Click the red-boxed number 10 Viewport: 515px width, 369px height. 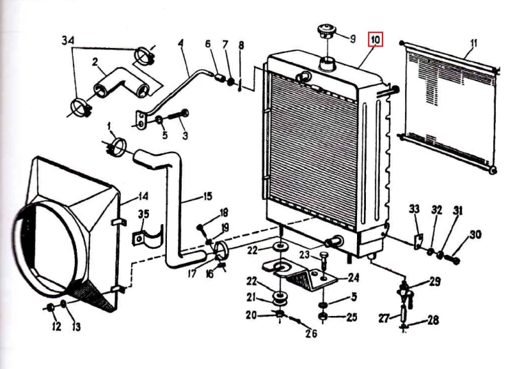[x=376, y=40]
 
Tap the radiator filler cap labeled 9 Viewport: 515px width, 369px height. [x=327, y=31]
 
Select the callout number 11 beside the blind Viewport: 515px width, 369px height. [x=473, y=44]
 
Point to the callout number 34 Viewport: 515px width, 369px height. [x=68, y=41]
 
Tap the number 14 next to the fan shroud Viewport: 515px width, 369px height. [x=143, y=197]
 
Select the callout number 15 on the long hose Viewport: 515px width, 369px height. [x=207, y=197]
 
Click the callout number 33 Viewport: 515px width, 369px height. [x=414, y=209]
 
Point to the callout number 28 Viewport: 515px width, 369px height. [x=433, y=320]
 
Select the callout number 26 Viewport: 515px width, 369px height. [x=311, y=333]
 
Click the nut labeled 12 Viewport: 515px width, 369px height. [x=51, y=308]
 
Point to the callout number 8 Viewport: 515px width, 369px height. [x=242, y=45]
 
